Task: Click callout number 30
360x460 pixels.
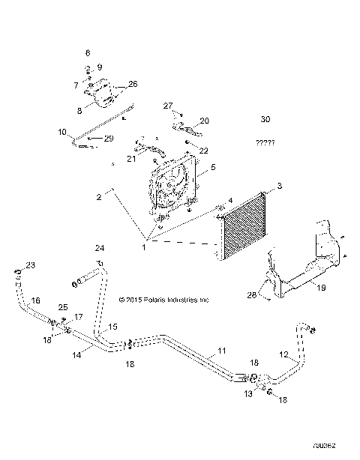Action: [265, 120]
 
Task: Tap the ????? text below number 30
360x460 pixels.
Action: [265, 142]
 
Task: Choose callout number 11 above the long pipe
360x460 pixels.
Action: [221, 351]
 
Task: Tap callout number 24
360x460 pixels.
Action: [100, 248]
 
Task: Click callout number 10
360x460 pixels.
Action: [62, 132]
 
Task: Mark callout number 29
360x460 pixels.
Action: [109, 139]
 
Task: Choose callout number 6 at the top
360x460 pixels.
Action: [88, 53]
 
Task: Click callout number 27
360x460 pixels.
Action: [168, 106]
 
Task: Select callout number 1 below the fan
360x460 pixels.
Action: [143, 246]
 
